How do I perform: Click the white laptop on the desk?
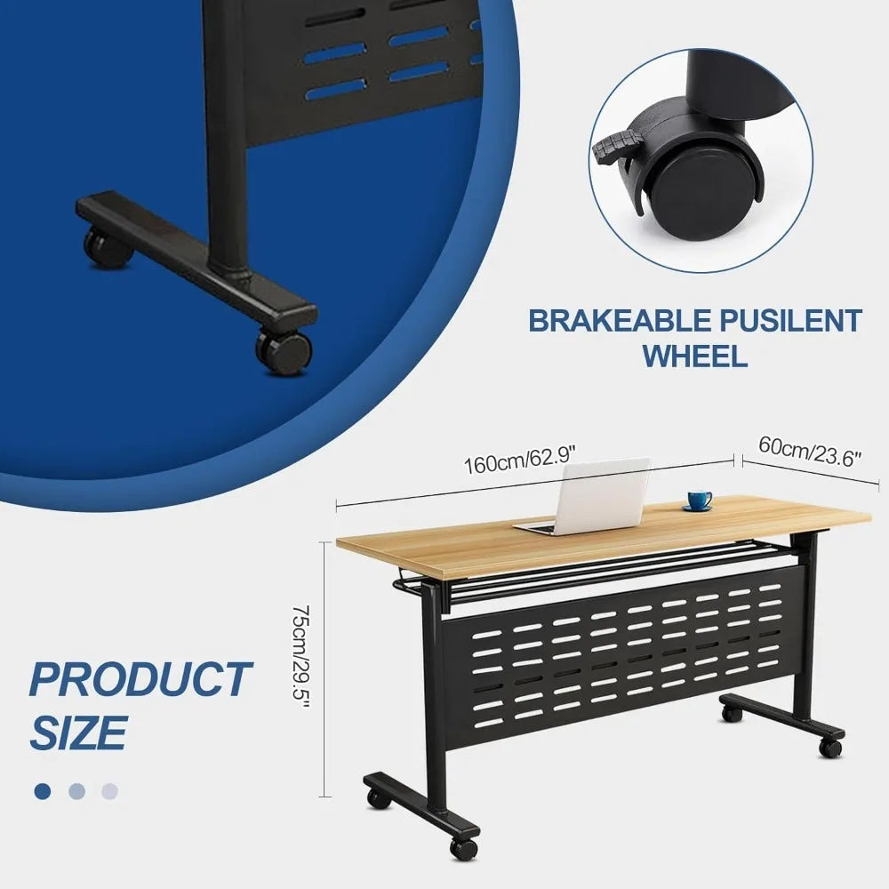584,497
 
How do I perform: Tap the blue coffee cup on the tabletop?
699,501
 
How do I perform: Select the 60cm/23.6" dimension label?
810,452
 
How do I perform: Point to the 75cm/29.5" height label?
300,657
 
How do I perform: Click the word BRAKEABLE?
613,321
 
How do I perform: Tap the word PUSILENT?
784,321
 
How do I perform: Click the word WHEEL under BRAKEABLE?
694,356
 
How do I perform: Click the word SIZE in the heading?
79,732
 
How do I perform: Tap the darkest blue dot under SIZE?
43,791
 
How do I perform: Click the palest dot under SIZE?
109,791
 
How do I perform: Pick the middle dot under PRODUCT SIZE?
76,791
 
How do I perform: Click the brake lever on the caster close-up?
614,146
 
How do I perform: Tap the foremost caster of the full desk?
463,847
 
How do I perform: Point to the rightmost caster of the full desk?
830,748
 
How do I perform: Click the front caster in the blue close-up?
284,351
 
